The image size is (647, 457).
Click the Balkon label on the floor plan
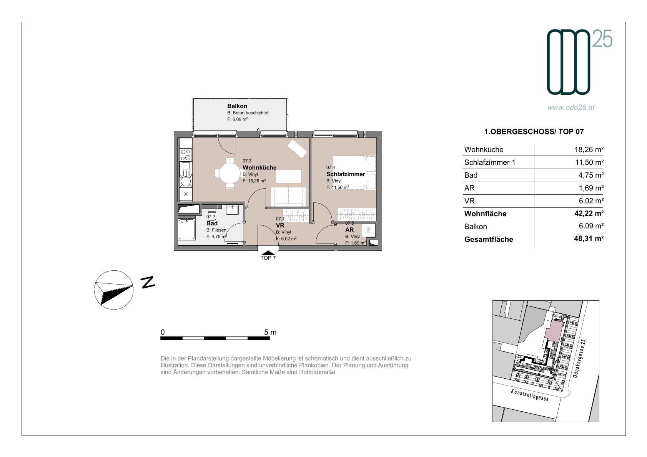click(x=237, y=106)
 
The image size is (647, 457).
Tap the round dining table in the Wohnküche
click(x=230, y=174)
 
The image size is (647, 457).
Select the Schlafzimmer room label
click(x=346, y=174)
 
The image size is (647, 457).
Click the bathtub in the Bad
click(x=186, y=229)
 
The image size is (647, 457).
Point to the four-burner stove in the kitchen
click(x=186, y=155)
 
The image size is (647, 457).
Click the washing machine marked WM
click(x=369, y=230)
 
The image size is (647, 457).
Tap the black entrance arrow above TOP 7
click(x=268, y=253)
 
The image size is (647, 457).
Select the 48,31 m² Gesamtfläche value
click(x=589, y=238)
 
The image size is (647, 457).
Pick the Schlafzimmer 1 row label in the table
click(x=490, y=162)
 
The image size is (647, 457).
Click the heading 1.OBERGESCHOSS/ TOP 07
click(x=534, y=132)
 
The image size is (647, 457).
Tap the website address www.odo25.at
click(x=571, y=108)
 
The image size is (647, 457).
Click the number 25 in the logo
click(x=602, y=39)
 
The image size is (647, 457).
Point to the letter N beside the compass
click(x=148, y=282)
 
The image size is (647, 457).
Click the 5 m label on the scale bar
click(x=270, y=332)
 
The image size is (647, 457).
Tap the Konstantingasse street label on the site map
click(x=529, y=395)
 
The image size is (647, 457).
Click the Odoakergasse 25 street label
click(x=579, y=358)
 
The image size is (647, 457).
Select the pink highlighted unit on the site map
click(x=554, y=331)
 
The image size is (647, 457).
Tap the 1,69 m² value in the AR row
click(x=591, y=188)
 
